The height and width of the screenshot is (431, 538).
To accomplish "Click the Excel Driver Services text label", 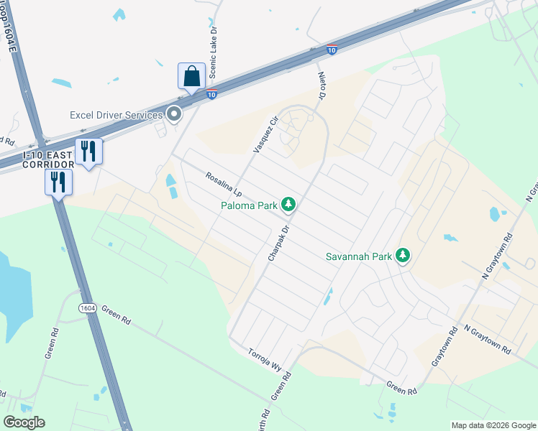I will [116, 115].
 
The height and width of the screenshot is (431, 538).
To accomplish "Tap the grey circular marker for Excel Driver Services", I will [173, 113].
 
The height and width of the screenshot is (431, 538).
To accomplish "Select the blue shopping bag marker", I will [191, 75].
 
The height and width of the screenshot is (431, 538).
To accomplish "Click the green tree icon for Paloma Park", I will [288, 205].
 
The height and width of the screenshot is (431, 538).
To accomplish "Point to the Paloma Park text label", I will [249, 206].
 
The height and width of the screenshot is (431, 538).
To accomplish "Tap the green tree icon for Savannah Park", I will [403, 256].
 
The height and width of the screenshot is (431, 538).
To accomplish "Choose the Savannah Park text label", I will [360, 256].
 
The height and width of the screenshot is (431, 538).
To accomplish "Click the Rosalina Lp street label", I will [223, 184].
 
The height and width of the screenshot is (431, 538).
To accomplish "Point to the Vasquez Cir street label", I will [265, 135].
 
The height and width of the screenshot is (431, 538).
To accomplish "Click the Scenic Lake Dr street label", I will [213, 53].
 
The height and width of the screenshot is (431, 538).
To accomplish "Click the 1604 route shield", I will [88, 307].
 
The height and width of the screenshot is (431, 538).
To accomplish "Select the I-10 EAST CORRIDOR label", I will [49, 159].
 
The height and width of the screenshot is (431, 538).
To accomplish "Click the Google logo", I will [24, 422].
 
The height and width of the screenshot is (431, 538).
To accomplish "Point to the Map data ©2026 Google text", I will [493, 425].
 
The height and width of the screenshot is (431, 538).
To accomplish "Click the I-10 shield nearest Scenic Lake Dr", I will [211, 94].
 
